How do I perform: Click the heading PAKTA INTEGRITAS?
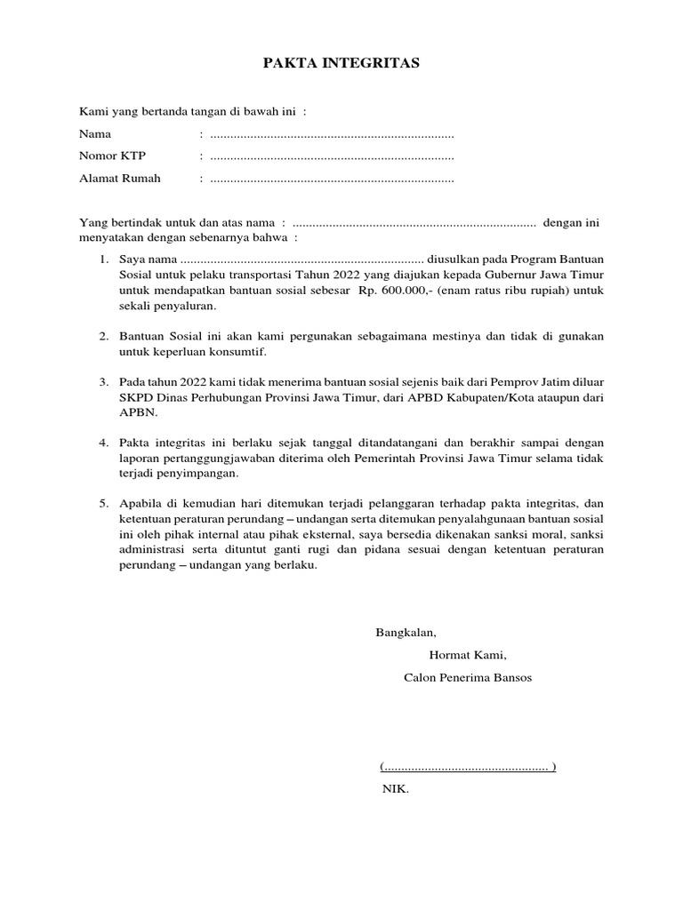341,64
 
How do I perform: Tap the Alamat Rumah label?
120,179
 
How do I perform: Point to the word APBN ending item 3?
135,412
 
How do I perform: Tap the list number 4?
103,443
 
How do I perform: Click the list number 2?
103,335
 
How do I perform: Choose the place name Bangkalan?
406,633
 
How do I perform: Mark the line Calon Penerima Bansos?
468,677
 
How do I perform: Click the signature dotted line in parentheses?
468,766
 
